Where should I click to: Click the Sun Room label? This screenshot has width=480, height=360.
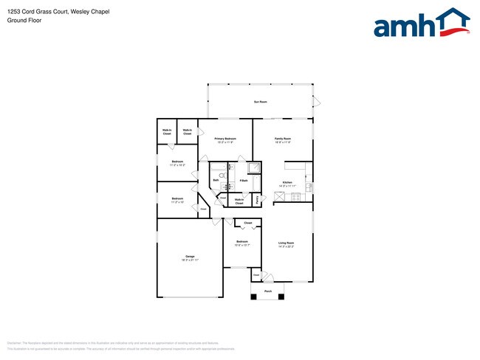pyautogui.click(x=260, y=101)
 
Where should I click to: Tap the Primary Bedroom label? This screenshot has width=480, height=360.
pyautogui.click(x=225, y=139)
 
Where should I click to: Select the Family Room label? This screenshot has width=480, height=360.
pyautogui.click(x=283, y=139)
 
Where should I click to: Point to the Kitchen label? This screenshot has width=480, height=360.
pyautogui.click(x=287, y=182)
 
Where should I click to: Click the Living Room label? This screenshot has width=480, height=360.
pyautogui.click(x=287, y=243)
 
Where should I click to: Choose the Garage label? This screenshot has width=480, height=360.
pyautogui.click(x=190, y=256)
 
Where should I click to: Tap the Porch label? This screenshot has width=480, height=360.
pyautogui.click(x=268, y=291)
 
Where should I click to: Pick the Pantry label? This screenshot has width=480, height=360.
pyautogui.click(x=258, y=198)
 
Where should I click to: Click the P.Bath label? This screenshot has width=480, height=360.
pyautogui.click(x=243, y=181)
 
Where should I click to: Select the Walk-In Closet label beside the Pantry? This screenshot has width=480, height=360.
pyautogui.click(x=239, y=201)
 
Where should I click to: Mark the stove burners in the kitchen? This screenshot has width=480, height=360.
pyautogui.click(x=295, y=196)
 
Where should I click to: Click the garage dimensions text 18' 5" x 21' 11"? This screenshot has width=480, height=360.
pyautogui.click(x=190, y=260)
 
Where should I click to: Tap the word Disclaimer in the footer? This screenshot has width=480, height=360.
pyautogui.click(x=14, y=343)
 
